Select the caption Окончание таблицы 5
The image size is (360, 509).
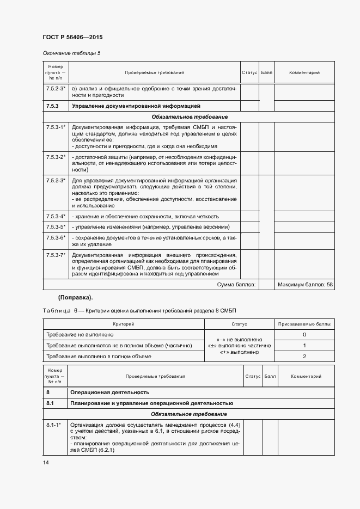tap(71, 53)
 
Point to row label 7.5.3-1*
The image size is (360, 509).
tap(55, 127)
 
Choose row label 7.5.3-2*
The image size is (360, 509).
tap(55, 157)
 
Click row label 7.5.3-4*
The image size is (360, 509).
tap(55, 216)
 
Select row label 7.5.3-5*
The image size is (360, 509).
tap(55, 226)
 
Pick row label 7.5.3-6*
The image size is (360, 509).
tap(55, 237)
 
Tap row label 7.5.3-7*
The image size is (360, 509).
tap(55, 255)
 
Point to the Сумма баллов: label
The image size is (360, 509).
tap(236, 285)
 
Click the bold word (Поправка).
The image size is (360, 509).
tap(75, 297)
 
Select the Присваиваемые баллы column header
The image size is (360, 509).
tap(304, 324)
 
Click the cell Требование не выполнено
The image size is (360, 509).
tap(80, 334)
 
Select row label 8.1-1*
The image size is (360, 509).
tap(53, 424)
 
